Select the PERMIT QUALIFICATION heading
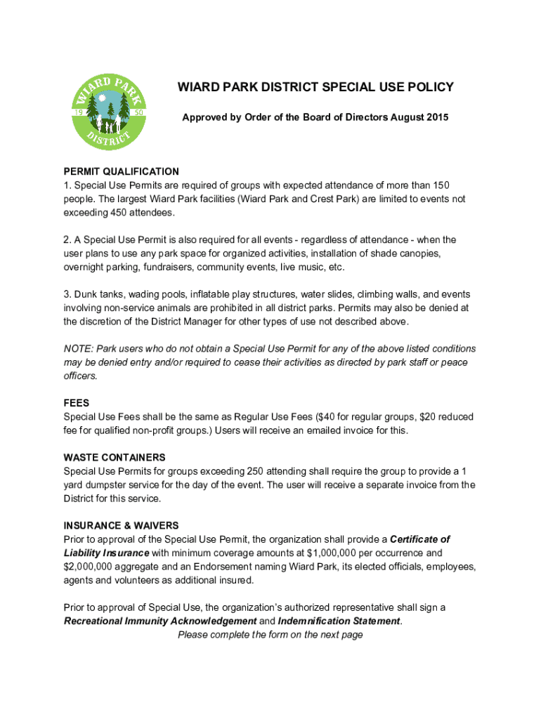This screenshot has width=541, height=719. [121, 171]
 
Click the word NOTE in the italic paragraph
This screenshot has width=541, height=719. [77, 349]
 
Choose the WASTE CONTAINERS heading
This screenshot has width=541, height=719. [115, 458]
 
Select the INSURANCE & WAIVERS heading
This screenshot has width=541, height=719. [121, 526]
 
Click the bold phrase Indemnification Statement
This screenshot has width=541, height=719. [339, 621]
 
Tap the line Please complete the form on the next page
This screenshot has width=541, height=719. [270, 635]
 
